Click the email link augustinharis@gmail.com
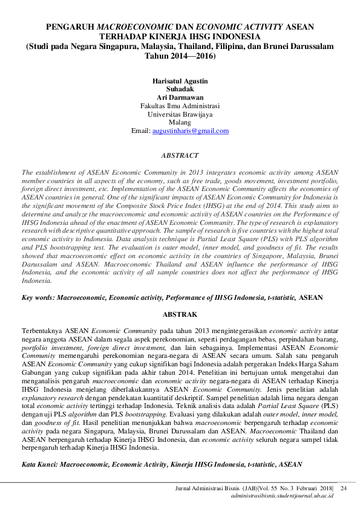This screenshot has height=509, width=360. [x=190, y=131]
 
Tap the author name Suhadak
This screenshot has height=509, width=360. [x=180, y=88]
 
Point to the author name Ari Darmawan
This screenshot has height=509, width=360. [x=180, y=97]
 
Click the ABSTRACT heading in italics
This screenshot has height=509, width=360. [x=180, y=155]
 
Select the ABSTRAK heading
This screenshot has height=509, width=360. [x=180, y=315]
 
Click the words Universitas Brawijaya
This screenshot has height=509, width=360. [x=180, y=114]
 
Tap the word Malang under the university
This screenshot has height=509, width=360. [x=180, y=122]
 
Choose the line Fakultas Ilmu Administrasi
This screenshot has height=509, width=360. [x=180, y=105]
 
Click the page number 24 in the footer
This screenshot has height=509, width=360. [x=344, y=487]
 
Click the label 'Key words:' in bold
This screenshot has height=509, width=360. [x=38, y=298]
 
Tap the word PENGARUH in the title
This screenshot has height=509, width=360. [x=70, y=27]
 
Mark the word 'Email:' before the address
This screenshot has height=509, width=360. [x=140, y=131]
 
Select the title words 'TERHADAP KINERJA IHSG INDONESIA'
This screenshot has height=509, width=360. [x=180, y=36]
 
